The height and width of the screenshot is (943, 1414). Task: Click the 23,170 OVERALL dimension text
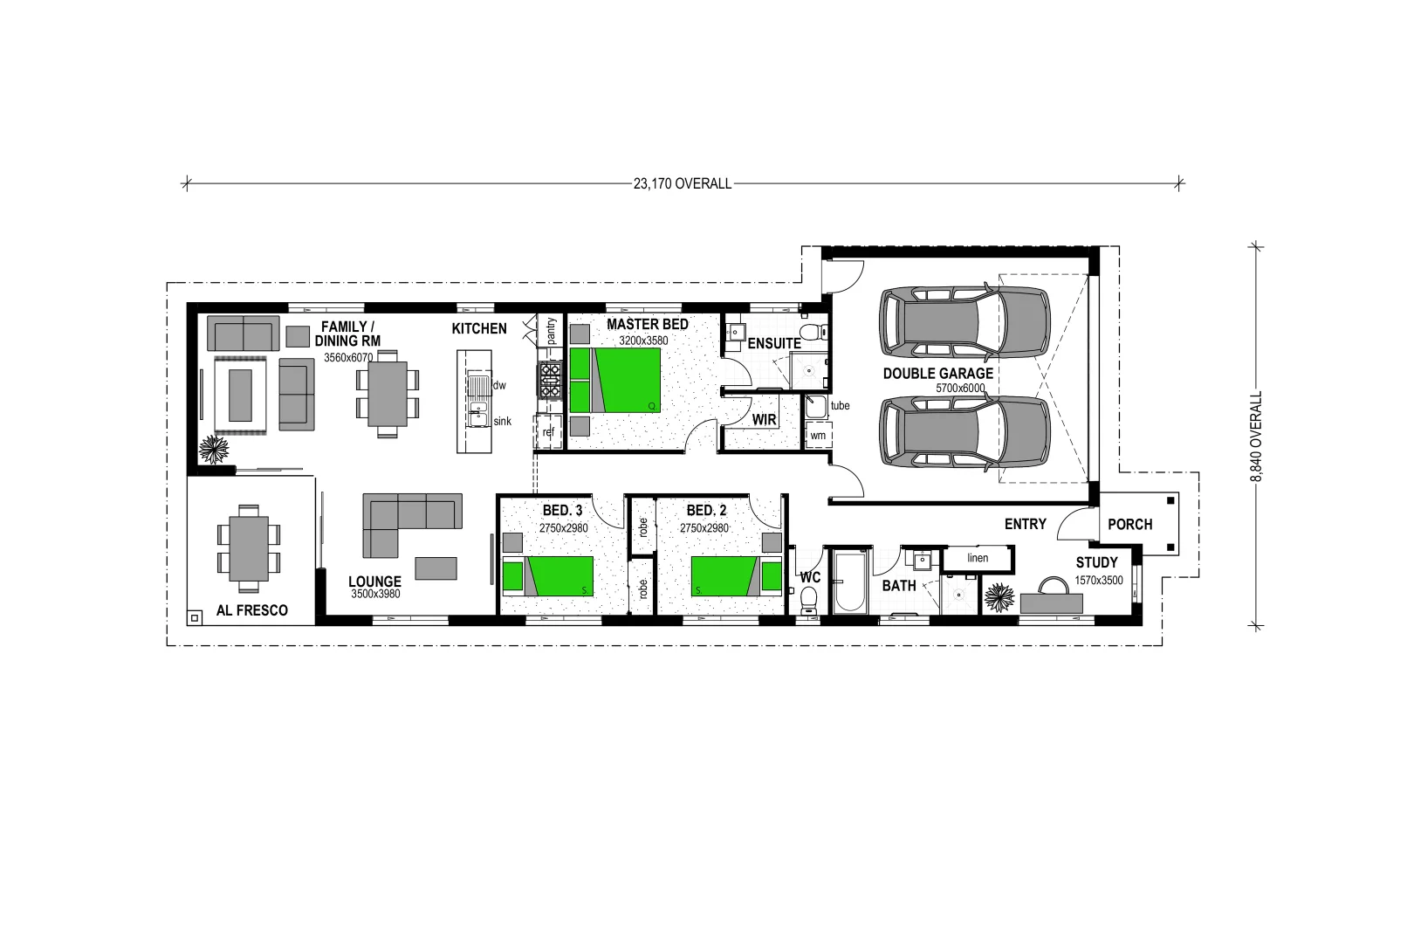683,183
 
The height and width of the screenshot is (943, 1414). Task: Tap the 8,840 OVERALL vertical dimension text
1256,436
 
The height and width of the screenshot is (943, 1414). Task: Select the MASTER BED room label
647,324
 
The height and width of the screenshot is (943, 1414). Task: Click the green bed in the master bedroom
615,380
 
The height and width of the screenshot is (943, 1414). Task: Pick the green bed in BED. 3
548,575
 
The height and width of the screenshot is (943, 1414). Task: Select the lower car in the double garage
964,434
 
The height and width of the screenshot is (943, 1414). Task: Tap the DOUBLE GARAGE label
937,373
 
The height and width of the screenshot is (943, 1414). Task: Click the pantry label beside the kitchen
551,331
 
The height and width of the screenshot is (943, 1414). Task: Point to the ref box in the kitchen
548,432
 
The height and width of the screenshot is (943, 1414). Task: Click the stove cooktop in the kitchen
550,381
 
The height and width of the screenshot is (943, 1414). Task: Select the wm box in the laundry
818,435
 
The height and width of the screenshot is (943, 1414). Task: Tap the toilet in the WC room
808,600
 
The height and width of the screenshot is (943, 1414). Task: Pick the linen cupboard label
978,558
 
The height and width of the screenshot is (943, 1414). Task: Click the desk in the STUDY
1051,602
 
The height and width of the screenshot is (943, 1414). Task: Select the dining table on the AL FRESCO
249,548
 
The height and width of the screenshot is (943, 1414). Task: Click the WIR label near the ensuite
764,420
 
